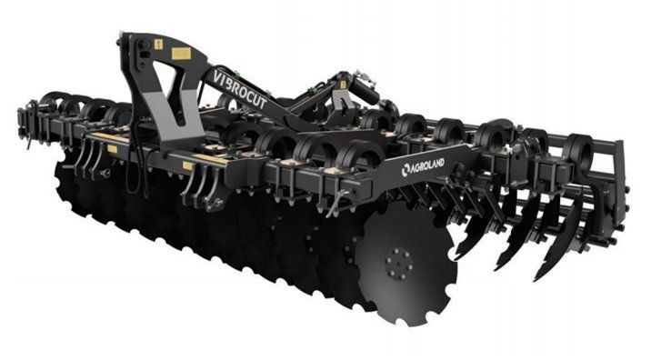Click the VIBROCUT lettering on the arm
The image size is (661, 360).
pos(240,89)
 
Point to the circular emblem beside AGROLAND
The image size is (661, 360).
pos(406,169)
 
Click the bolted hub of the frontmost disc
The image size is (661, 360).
pos(399,264)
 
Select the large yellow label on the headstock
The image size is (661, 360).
pos(181,54)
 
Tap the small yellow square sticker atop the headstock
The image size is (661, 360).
pos(158,45)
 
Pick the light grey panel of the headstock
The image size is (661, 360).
pos(171,116)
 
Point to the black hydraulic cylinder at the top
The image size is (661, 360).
pos(364,91)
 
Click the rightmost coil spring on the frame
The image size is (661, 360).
pos(580,153)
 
